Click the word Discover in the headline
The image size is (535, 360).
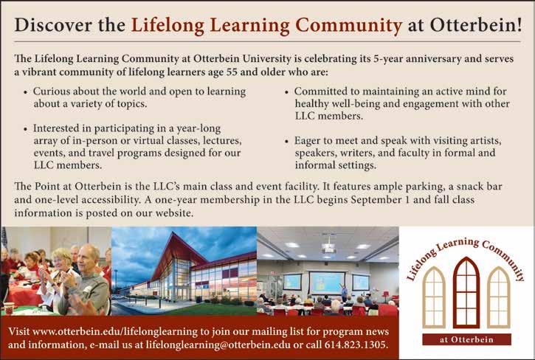tap(53, 25)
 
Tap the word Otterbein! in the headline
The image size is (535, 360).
tap(476, 25)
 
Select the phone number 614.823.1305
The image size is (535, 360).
tap(356, 345)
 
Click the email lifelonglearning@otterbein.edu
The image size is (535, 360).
tap(218, 345)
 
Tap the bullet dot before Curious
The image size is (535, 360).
tap(26, 92)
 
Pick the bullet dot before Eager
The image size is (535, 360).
tap(286, 142)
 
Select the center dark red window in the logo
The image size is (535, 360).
tap(466, 292)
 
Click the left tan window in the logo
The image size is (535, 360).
tap(434, 297)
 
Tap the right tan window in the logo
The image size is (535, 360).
tap(499, 297)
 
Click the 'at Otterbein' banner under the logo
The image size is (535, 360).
tap(466, 339)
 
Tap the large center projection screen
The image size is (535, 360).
tap(326, 282)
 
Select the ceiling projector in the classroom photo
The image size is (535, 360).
tap(328, 249)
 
